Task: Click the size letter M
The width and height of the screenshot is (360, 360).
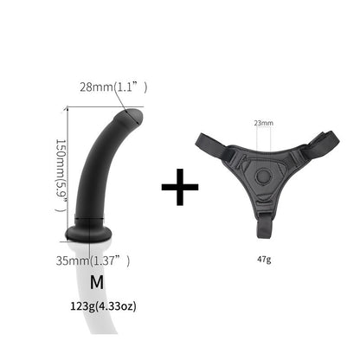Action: [x=96, y=282]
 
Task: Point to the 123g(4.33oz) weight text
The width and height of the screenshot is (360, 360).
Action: [x=97, y=305]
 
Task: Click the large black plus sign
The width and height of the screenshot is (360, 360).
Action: [x=180, y=185]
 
